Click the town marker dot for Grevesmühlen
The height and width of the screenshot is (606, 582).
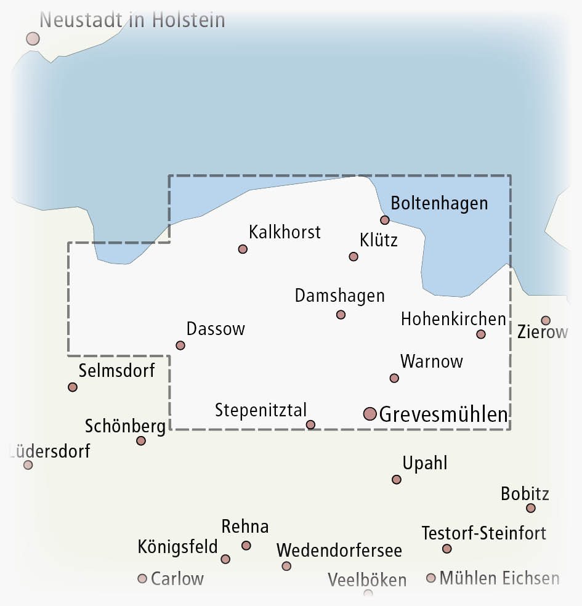(x=370, y=414)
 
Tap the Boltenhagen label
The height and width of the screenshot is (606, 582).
(x=439, y=203)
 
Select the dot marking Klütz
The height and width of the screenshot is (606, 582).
(x=354, y=256)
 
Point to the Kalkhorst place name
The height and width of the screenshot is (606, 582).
(x=285, y=232)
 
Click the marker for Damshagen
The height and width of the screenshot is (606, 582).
(x=341, y=315)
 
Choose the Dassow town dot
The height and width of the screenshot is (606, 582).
(x=180, y=345)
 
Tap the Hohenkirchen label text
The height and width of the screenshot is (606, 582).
(x=453, y=319)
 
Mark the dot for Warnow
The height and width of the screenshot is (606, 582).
(x=394, y=378)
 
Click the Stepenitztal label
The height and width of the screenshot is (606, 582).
(x=261, y=410)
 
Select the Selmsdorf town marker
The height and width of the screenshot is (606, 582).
(x=73, y=387)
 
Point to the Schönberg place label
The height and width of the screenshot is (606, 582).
(x=125, y=426)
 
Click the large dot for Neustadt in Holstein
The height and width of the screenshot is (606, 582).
(x=33, y=39)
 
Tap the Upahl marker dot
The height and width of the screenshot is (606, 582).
(x=397, y=479)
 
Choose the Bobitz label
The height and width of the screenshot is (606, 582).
(x=525, y=493)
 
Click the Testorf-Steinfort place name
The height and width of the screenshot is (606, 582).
(x=483, y=533)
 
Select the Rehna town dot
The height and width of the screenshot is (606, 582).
(x=246, y=545)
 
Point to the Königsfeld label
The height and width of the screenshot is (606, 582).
(x=177, y=546)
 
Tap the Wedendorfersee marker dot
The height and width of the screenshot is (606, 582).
(x=286, y=566)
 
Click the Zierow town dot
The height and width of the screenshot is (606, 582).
(x=546, y=320)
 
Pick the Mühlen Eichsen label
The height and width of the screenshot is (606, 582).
(x=499, y=578)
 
